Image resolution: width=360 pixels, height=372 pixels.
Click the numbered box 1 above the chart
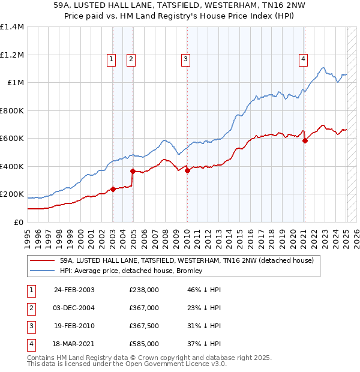click(112, 59)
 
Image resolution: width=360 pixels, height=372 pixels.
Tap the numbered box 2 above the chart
click(130, 59)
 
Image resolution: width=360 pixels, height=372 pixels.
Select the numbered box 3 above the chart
click(186, 59)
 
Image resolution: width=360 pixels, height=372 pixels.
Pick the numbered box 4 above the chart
click(304, 59)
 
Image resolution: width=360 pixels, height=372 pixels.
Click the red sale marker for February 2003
click(113, 190)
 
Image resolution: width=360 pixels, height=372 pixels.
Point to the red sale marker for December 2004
click(133, 172)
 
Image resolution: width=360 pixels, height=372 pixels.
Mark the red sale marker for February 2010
click(188, 171)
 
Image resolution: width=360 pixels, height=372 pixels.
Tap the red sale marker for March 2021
click(305, 141)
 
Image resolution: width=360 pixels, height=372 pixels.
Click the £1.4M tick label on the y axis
click(13, 27)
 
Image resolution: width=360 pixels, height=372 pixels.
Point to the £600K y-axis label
click(13, 139)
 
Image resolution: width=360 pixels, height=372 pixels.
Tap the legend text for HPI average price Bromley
click(131, 271)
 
